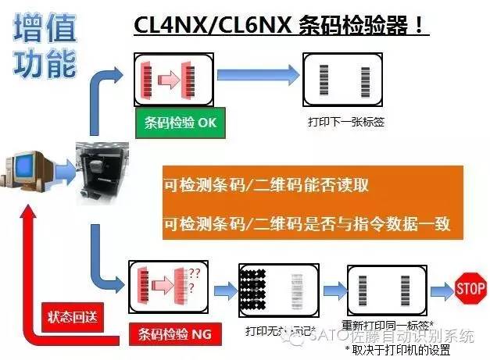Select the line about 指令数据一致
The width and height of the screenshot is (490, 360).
[308, 224]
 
